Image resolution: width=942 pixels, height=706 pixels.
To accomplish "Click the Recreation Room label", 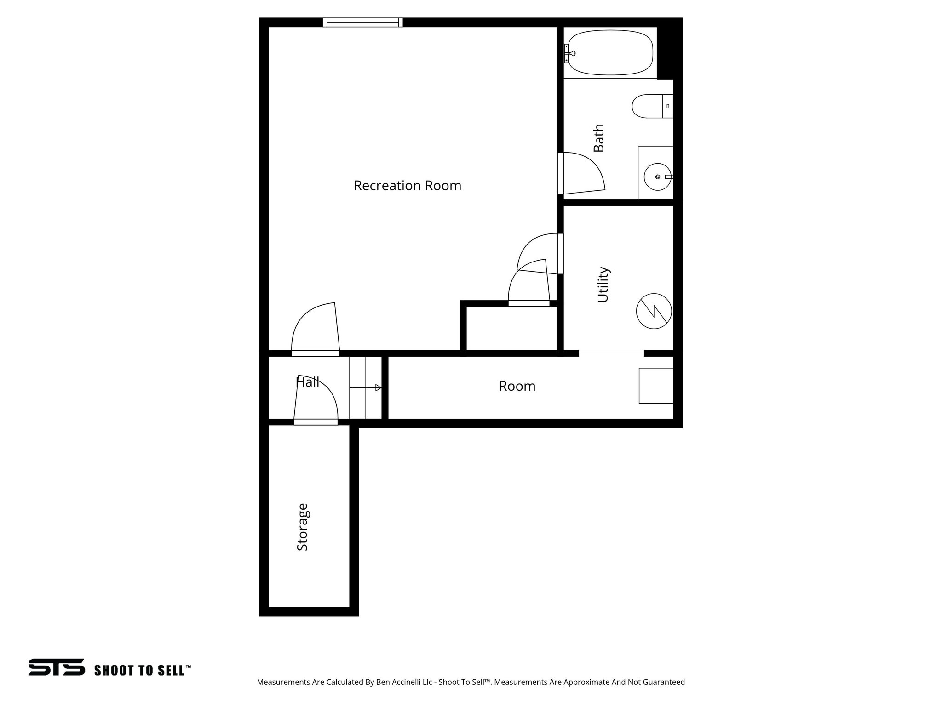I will [407, 186].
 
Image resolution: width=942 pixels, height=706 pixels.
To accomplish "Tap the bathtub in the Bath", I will [610, 53].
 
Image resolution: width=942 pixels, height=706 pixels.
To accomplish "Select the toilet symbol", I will [651, 106].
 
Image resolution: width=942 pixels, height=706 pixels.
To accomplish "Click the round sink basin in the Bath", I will [657, 177].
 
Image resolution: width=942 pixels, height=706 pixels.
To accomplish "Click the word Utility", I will [603, 285].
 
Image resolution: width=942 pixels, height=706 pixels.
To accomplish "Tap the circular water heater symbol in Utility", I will [654, 311].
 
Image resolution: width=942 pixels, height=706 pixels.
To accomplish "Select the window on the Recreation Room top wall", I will [362, 23].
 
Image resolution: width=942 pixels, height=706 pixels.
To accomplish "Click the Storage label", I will [302, 527].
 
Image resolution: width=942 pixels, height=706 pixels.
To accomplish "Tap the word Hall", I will [307, 382].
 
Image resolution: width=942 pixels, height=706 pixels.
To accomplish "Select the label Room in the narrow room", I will [517, 386].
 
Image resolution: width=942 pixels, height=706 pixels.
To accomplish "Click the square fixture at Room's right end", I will [656, 386].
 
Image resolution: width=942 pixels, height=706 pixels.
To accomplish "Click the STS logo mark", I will [57, 667].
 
